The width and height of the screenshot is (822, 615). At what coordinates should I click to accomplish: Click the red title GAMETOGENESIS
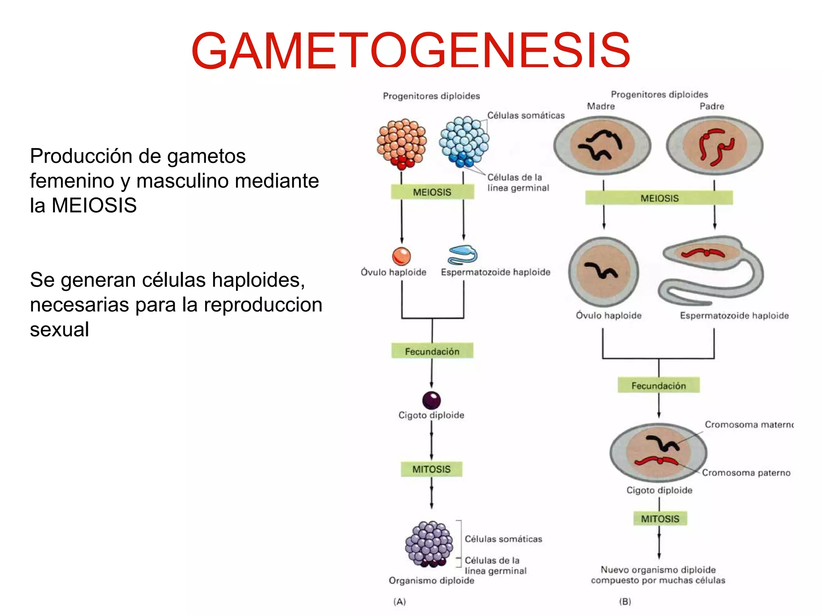tap(410, 51)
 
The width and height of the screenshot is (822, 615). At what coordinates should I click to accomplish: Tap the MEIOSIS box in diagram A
tap(432, 192)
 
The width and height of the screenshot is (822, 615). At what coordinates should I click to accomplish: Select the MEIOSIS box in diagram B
tap(659, 198)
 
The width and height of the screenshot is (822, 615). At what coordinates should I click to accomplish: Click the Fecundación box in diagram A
tap(432, 351)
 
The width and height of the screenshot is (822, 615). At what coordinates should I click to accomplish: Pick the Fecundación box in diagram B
tap(658, 385)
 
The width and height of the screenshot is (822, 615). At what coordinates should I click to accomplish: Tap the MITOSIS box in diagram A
tap(431, 469)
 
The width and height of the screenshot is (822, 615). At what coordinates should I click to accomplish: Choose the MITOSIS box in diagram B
tap(660, 519)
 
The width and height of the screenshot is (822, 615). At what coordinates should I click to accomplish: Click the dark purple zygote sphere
tap(431, 400)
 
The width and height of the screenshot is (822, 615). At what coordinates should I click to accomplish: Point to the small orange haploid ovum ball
tap(401, 256)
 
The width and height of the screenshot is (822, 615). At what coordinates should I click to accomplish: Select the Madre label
tap(600, 106)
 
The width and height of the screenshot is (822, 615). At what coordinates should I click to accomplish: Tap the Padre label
tap(712, 106)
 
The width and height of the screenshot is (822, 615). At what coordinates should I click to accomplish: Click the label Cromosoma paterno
tap(746, 473)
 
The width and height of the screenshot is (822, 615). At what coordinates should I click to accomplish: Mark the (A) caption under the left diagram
tap(399, 601)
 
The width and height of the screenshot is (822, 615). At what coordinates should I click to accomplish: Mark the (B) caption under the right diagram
tap(625, 601)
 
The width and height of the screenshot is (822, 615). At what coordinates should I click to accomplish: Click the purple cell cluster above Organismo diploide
tap(429, 543)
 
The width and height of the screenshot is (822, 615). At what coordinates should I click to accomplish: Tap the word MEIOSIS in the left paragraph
tap(94, 205)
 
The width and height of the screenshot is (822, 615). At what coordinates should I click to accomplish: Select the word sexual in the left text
tap(59, 329)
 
